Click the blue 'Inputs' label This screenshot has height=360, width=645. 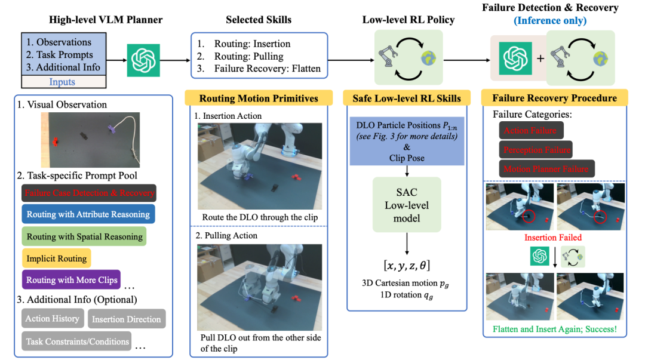62,82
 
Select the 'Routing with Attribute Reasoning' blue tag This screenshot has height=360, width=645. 88,214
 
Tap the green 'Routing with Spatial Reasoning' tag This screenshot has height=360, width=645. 84,236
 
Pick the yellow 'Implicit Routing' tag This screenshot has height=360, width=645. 56,259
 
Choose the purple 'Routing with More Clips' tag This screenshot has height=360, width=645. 71,280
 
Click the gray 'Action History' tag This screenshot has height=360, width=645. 53,318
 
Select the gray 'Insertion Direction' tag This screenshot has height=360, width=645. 127,319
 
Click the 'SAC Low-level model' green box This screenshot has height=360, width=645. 407,205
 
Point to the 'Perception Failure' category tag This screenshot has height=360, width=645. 536,150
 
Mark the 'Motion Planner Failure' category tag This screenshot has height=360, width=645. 546,169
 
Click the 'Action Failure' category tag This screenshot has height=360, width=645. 531,130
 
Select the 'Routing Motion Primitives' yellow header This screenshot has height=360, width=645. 259,99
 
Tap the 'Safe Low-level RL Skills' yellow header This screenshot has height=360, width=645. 407,99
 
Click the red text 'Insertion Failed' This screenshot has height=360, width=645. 553,238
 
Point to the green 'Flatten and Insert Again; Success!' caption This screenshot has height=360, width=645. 555,329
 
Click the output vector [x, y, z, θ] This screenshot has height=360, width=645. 407,265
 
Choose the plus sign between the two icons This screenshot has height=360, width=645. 540,59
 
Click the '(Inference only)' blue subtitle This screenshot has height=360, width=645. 550,20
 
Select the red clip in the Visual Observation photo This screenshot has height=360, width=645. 55,142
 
